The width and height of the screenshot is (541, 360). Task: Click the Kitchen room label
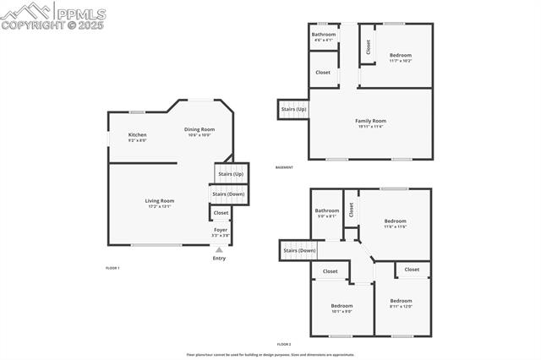tap(137, 135)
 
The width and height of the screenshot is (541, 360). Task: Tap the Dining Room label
tap(199, 130)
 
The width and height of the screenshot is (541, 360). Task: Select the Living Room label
tap(159, 201)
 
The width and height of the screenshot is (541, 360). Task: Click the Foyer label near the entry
tap(220, 230)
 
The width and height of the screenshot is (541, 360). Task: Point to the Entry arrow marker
tap(219, 250)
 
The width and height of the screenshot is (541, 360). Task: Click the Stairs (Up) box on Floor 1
tap(231, 173)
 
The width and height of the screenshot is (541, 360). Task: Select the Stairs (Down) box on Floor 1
tap(228, 194)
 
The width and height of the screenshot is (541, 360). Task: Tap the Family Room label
tap(370, 122)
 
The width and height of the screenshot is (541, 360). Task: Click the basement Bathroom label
tap(324, 35)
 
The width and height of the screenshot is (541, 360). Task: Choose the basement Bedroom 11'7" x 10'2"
tap(400, 56)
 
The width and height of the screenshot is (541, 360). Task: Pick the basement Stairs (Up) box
tap(294, 109)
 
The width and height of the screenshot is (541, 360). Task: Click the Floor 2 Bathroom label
tap(327, 211)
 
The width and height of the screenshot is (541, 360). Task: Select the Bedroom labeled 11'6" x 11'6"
tap(396, 222)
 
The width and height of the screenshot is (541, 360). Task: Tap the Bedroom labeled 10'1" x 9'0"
tap(342, 307)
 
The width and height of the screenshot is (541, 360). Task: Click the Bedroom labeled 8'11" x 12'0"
tap(401, 302)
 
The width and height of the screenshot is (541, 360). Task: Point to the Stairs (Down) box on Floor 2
tap(299, 250)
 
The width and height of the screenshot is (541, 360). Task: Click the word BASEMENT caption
tap(284, 167)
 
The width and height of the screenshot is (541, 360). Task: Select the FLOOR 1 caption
tap(112, 267)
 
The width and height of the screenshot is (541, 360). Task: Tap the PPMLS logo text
tap(80, 14)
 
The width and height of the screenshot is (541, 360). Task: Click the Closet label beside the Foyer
tap(221, 213)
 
